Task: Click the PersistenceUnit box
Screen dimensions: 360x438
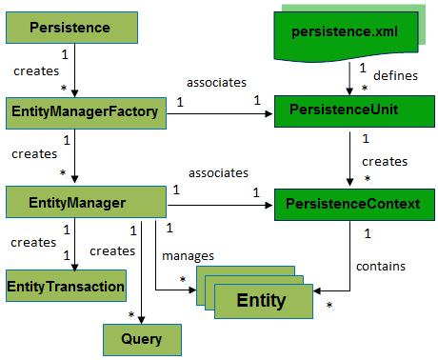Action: click(x=345, y=112)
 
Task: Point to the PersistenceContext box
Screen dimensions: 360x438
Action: click(x=345, y=202)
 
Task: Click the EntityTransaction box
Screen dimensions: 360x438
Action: click(x=67, y=284)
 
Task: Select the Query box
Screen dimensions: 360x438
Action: click(x=141, y=337)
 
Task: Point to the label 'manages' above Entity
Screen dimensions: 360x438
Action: click(x=187, y=256)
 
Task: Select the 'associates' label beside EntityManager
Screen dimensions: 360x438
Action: click(x=217, y=173)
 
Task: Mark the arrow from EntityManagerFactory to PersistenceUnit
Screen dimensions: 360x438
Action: click(x=219, y=113)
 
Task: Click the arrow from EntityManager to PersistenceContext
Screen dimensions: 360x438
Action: click(x=219, y=202)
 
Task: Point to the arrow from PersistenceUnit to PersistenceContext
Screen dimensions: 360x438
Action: click(x=366, y=157)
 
